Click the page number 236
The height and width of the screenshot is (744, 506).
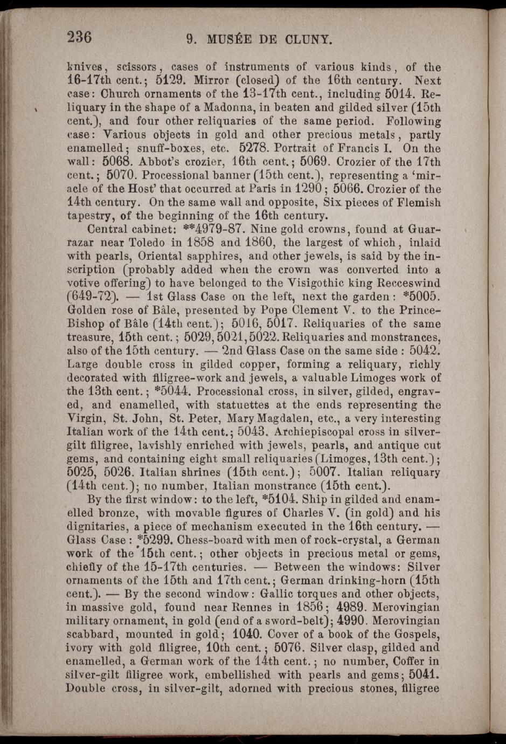(80, 37)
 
